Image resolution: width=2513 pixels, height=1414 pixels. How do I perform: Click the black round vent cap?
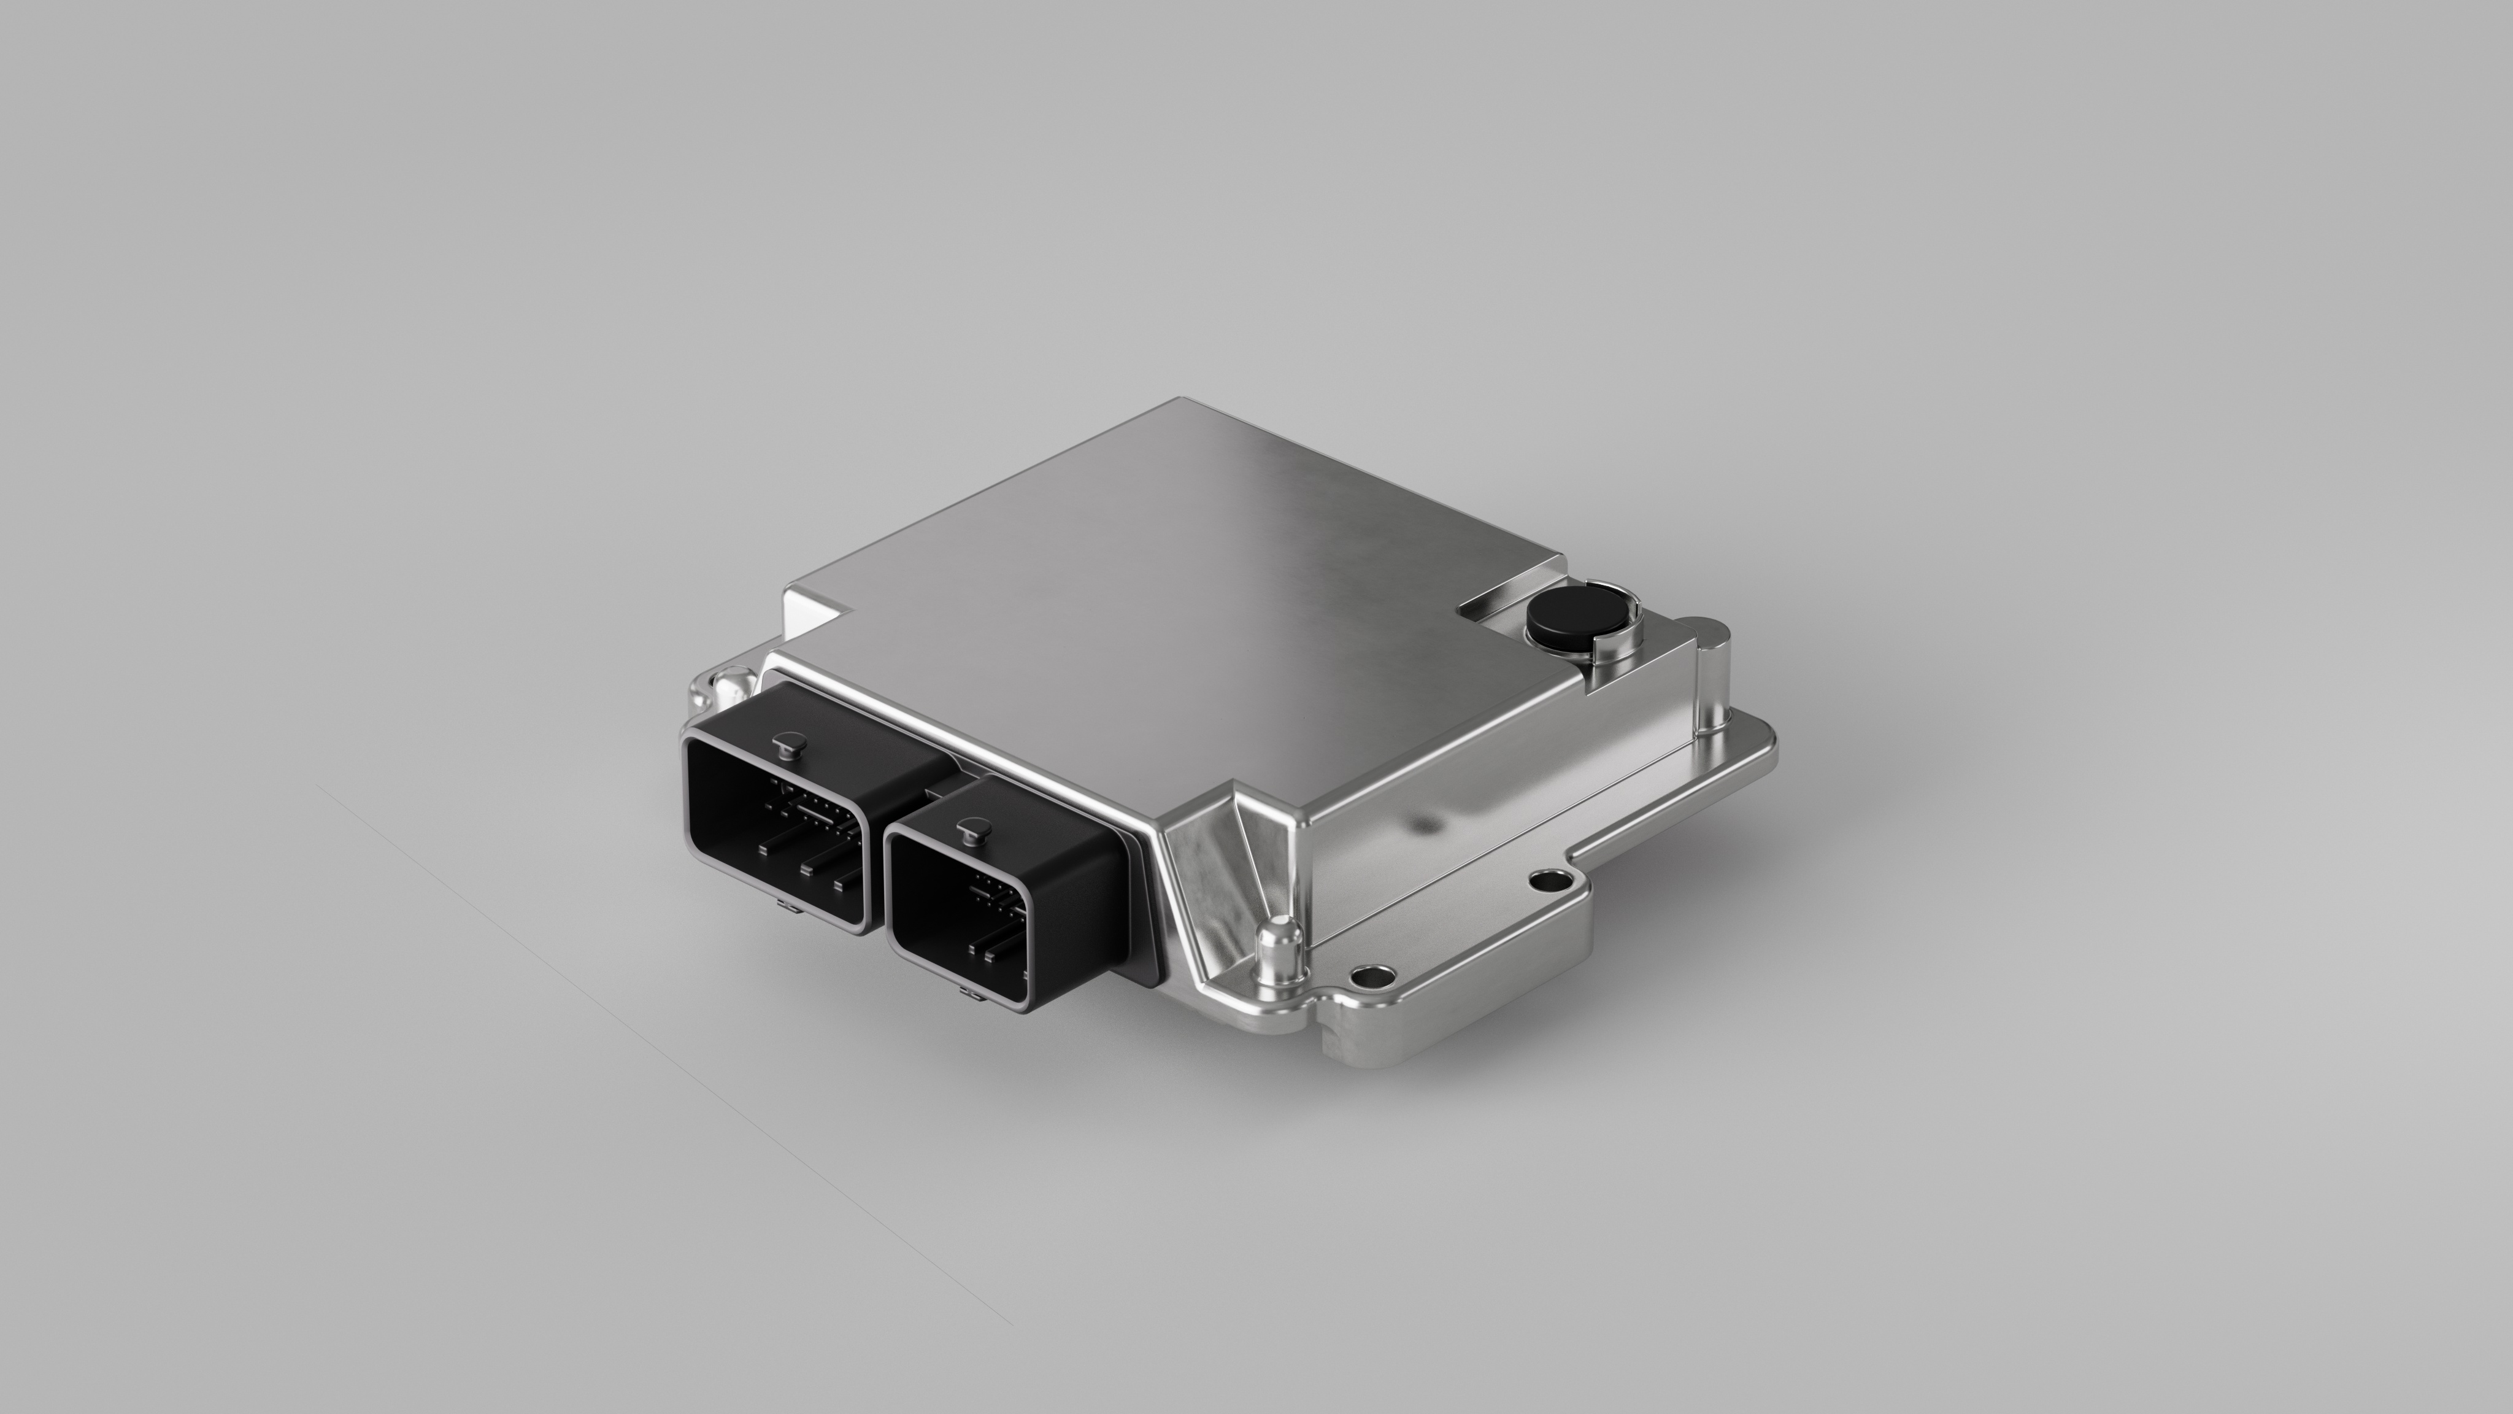click(x=1569, y=620)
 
